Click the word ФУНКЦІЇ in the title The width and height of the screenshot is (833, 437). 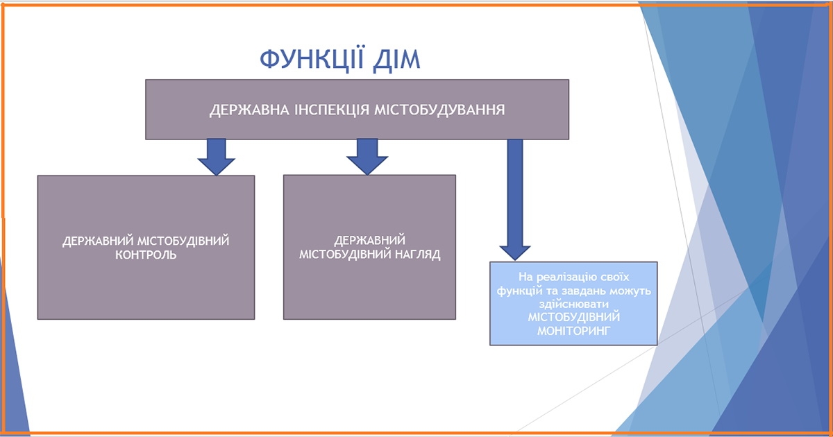[312, 60]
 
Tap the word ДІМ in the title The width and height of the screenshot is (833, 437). [396, 60]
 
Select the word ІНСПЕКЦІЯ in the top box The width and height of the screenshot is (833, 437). [332, 110]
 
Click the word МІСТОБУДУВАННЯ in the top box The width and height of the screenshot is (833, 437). [439, 110]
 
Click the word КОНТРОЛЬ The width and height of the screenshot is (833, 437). [146, 255]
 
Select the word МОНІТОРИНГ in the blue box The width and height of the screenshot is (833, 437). [574, 331]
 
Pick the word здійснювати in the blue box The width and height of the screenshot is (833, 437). [574, 304]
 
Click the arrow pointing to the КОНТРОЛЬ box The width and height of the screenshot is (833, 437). [216, 157]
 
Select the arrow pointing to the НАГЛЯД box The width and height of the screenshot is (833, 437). [367, 157]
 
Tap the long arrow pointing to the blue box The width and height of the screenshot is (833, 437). [515, 200]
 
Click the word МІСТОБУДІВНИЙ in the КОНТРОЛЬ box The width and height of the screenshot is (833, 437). [183, 241]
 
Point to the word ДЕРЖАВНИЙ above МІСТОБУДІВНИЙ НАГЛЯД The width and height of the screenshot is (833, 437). [369, 241]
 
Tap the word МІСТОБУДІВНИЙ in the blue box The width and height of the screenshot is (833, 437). [574, 318]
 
